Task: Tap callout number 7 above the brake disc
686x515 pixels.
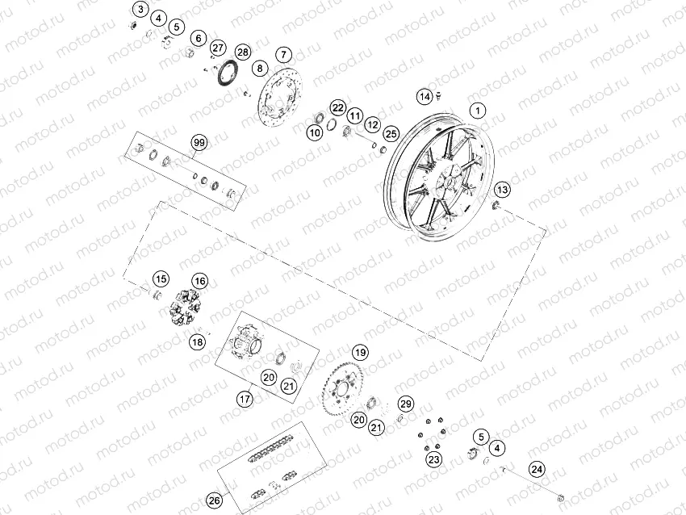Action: point(283,54)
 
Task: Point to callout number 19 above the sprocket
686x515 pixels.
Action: point(359,352)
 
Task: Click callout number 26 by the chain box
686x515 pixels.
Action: point(214,500)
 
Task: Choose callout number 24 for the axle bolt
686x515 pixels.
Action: point(537,468)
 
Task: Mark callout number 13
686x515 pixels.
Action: point(502,190)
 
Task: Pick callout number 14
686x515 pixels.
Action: point(425,97)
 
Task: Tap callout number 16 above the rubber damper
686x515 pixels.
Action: point(199,281)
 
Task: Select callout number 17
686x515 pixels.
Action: point(245,398)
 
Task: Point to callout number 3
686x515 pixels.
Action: point(141,10)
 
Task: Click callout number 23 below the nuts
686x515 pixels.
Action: point(434,459)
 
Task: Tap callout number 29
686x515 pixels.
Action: point(405,404)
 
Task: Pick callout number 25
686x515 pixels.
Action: point(391,133)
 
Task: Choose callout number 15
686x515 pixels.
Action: point(161,279)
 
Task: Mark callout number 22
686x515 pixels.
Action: point(337,107)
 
